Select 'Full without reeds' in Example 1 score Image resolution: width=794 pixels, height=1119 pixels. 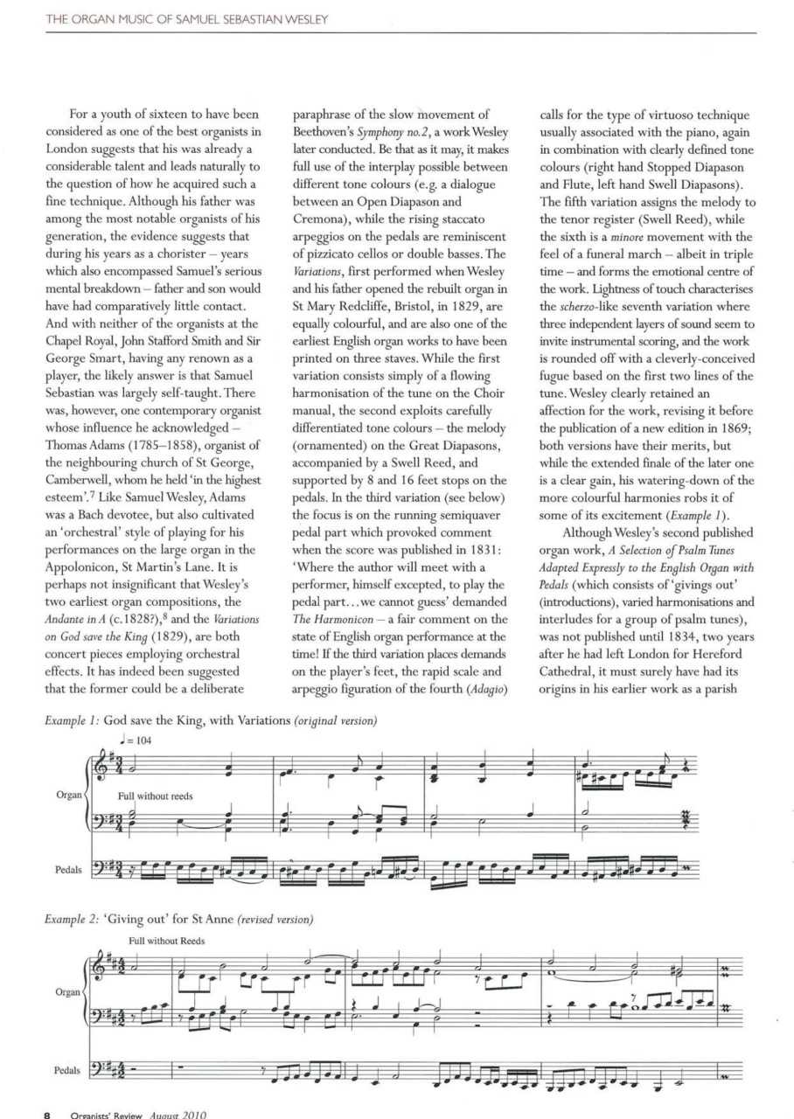(x=155, y=796)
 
